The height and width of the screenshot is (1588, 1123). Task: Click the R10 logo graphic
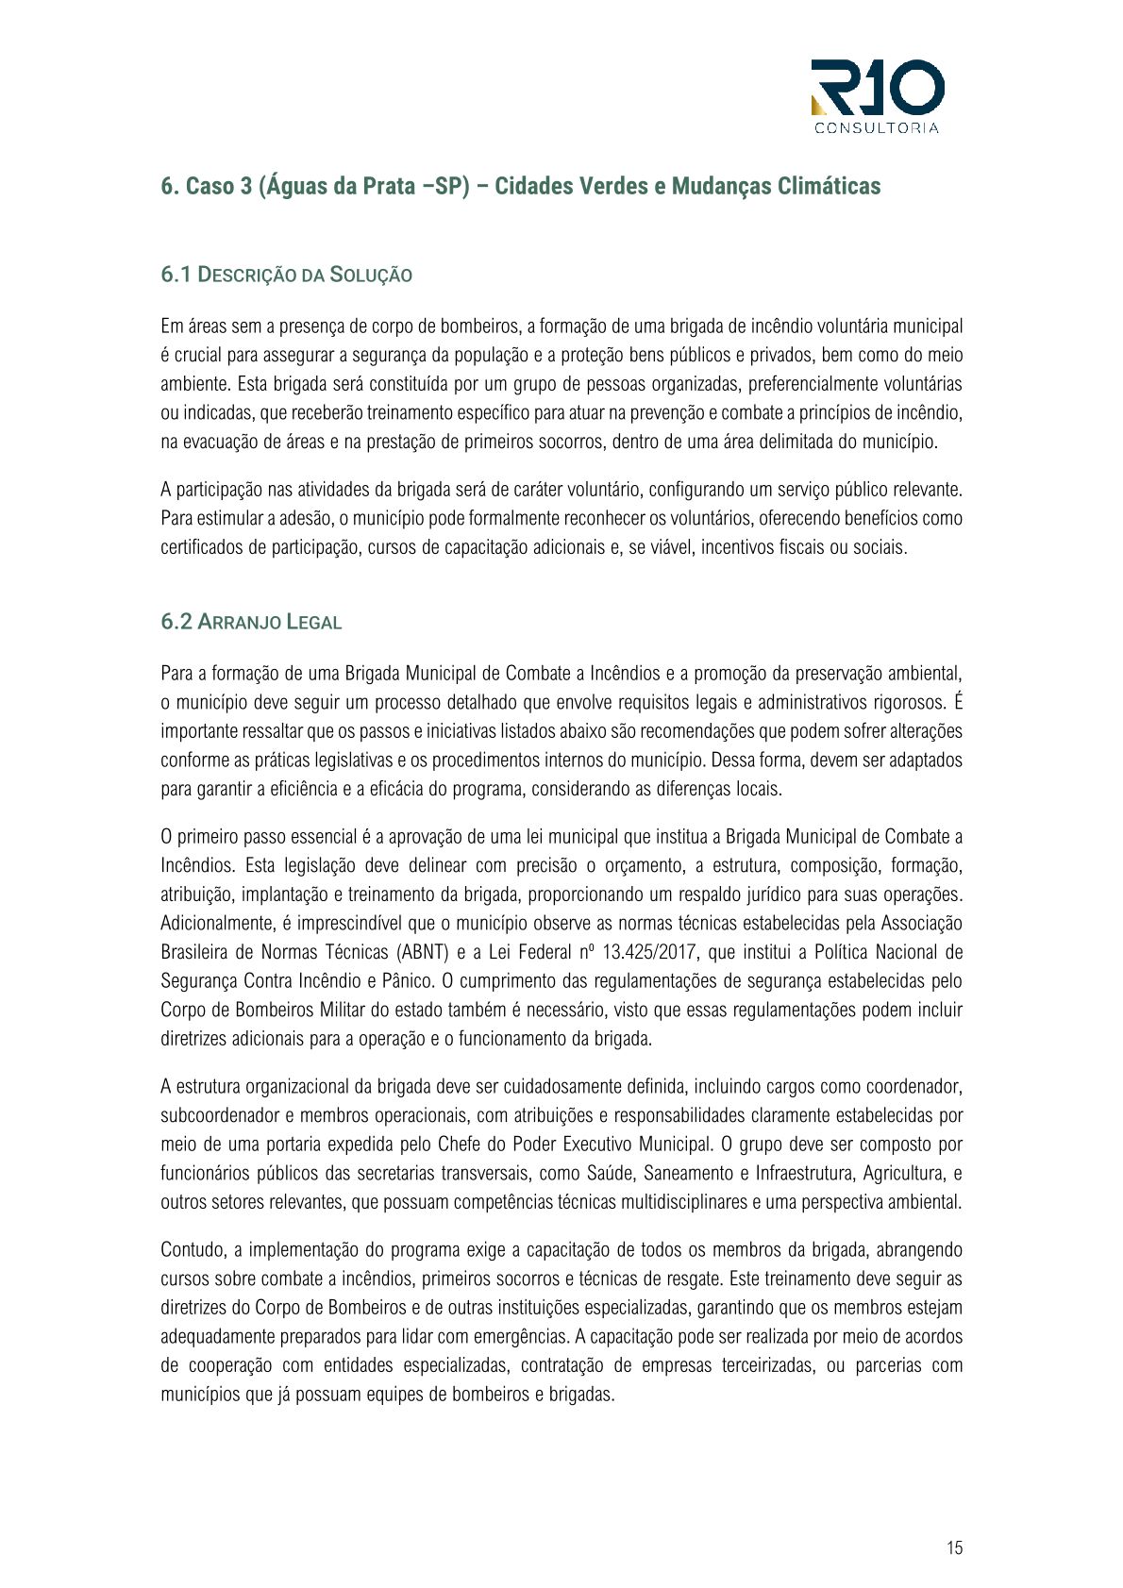[877, 88]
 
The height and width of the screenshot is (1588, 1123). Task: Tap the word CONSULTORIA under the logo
[877, 128]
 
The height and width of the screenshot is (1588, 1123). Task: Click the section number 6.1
[176, 275]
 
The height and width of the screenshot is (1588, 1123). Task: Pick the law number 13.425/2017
[645, 952]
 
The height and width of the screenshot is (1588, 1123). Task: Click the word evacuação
[225, 442]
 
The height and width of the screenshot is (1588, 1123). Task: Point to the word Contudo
[193, 1250]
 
